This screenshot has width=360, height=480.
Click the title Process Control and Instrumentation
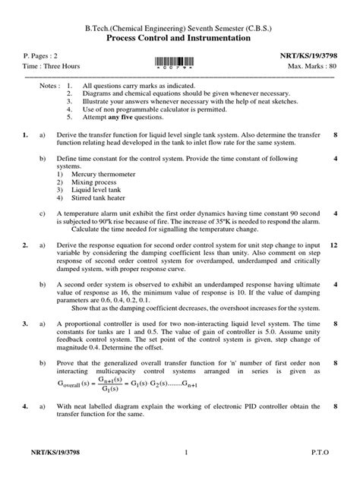tap(180, 37)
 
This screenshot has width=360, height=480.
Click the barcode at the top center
tap(180, 62)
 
